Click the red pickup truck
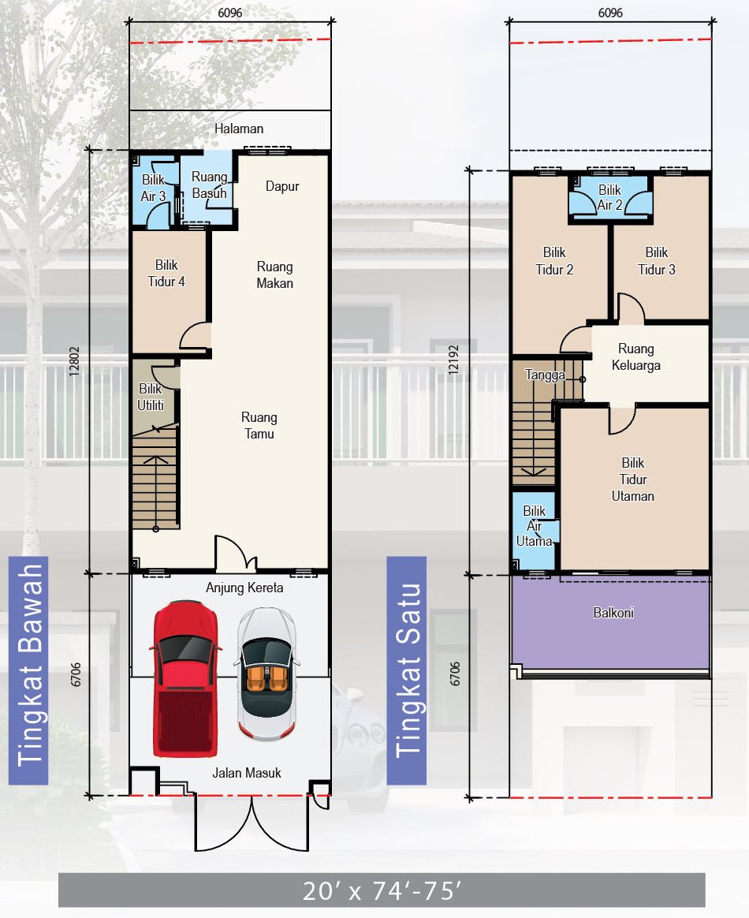coord(185,678)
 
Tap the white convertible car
coord(266,674)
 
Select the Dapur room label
coord(282,186)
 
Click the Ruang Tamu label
coord(259,425)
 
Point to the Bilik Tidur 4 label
coord(166,273)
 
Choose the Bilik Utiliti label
coord(151,397)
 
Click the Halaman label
coord(239,129)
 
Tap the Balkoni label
coord(613,612)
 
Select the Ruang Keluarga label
coord(636,356)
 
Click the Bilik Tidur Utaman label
coord(632,479)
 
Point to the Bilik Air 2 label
coord(609,197)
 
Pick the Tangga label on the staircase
coord(545,375)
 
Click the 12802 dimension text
coord(74,361)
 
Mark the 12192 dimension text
coord(454,360)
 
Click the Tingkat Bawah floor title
coord(29,666)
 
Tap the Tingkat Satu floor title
coord(408,671)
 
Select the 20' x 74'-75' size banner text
coord(382,890)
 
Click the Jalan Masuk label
coord(246,773)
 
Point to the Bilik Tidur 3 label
coord(657,260)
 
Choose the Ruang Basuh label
coord(210,185)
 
